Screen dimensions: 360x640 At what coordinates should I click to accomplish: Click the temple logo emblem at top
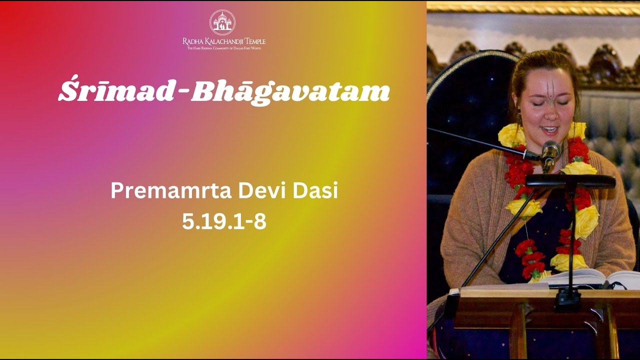point(222,22)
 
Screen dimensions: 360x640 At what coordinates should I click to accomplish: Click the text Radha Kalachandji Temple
point(224,41)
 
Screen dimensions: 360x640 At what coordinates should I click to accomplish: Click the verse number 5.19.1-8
point(224,221)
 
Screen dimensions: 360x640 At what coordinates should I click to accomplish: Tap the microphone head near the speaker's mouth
point(550,150)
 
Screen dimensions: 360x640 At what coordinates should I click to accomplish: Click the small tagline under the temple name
point(224,48)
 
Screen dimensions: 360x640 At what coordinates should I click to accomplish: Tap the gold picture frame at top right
point(533,7)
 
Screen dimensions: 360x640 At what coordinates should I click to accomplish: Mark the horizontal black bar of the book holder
point(570,181)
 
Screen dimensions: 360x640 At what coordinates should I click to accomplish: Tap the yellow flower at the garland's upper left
point(511,135)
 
